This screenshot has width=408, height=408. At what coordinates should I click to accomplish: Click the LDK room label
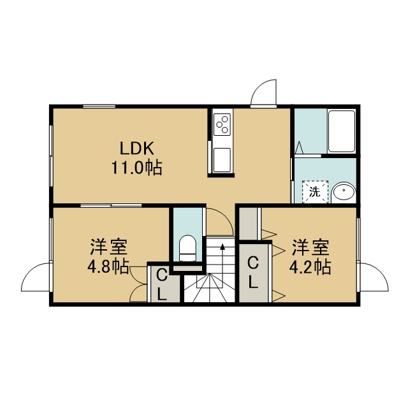137,149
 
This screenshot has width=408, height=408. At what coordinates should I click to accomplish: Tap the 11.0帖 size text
137,168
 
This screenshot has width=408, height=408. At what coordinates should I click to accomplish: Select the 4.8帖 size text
108,266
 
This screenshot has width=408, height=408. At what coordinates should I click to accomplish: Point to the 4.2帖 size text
310,267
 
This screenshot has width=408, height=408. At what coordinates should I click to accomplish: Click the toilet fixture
187,248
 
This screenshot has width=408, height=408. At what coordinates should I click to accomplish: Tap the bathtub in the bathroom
342,131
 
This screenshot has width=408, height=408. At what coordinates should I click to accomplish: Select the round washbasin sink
344,192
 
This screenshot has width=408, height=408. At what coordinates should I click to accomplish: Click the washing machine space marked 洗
315,192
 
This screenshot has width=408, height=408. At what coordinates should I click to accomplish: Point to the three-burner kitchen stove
222,124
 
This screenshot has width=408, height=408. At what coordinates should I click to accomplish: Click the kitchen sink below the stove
222,160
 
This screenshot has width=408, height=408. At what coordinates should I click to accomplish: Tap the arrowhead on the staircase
222,247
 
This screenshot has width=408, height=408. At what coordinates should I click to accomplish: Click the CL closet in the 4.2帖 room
253,272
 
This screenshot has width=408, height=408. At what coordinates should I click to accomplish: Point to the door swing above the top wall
263,92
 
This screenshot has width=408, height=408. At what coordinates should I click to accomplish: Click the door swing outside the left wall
36,277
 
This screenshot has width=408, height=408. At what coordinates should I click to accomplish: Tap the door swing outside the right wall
374,277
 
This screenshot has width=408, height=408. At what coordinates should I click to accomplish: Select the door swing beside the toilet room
220,222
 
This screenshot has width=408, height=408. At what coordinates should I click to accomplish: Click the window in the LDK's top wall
99,106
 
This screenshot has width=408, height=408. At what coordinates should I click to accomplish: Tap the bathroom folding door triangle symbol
299,147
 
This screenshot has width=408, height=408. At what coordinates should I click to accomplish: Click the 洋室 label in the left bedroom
109,247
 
